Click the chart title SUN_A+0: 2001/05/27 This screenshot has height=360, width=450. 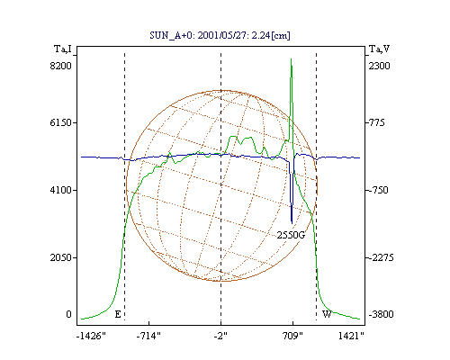[220, 35]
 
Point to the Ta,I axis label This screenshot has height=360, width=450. [63, 49]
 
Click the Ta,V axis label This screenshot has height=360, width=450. [379, 49]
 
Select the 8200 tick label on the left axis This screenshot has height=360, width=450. [60, 66]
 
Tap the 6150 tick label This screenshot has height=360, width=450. [60, 122]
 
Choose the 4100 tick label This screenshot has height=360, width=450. [60, 190]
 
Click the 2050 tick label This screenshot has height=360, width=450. [60, 257]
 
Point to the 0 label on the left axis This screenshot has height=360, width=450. [68, 314]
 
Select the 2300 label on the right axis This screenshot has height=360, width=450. [379, 66]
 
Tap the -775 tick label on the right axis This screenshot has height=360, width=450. [375, 122]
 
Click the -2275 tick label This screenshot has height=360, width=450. [380, 257]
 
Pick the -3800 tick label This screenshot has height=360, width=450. [381, 314]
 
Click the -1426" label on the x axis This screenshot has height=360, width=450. [91, 336]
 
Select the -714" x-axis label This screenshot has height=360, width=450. [148, 336]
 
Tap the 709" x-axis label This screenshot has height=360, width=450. [292, 336]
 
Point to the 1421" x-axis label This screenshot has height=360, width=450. [351, 336]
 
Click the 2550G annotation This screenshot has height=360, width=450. [291, 235]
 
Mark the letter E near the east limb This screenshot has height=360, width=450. [118, 314]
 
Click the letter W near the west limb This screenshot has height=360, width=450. [327, 314]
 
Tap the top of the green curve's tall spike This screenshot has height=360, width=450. [291, 59]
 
